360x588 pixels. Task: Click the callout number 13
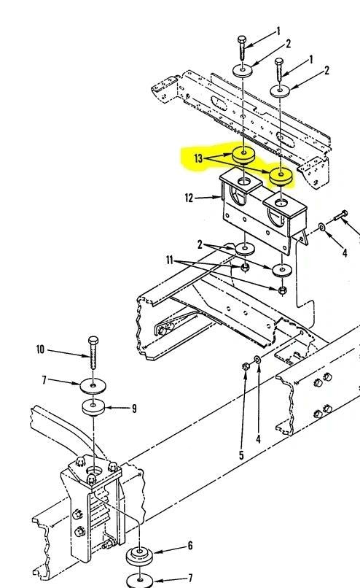pos(198,158)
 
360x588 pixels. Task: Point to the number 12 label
pos(189,198)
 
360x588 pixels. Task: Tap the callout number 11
pos(170,260)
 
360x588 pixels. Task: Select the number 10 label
pos(40,349)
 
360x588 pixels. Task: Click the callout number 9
pos(134,409)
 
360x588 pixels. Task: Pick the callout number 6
pos(190,545)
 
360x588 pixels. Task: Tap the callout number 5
pos(241,455)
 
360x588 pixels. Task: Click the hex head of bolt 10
pos(93,341)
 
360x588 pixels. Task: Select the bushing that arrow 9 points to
pos(93,407)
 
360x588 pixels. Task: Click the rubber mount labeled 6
pos(140,555)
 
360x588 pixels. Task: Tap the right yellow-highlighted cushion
pos(281,176)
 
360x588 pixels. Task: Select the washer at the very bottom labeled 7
pos(139,581)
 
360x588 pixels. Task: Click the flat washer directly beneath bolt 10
pos(93,386)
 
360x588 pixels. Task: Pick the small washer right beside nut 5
pos(257,359)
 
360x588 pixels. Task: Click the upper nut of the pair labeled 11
pos(245,268)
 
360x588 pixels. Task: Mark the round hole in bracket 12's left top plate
pos(244,182)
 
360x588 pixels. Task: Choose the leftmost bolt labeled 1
pos(243,47)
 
